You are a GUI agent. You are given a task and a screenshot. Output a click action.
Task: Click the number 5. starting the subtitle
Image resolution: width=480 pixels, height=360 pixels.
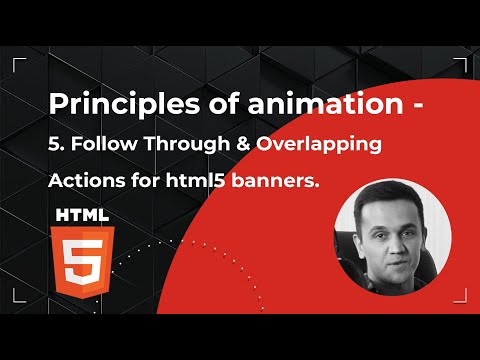[x=57, y=144]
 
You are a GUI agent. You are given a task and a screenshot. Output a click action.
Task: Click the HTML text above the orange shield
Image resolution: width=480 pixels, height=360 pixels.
[x=82, y=214]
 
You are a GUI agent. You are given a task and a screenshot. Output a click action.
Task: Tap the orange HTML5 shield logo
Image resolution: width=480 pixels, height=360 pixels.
[x=82, y=258]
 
